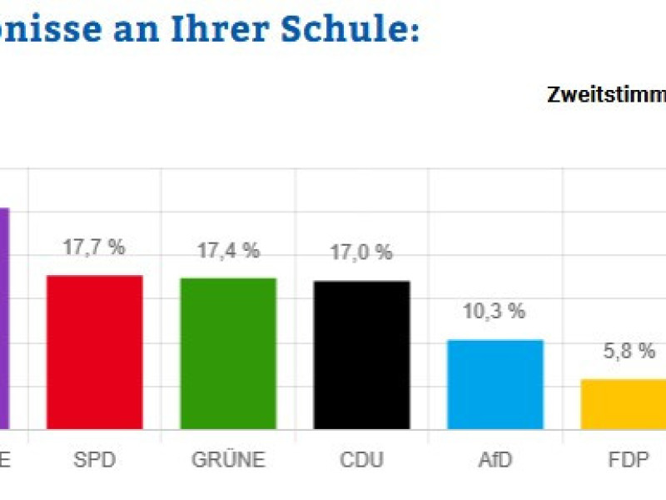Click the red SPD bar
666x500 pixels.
point(94,352)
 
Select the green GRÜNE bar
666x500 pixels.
point(228,353)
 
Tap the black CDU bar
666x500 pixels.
point(361,355)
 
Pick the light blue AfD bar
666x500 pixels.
point(495,384)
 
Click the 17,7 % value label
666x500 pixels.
point(94,247)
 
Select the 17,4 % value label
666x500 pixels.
point(228,250)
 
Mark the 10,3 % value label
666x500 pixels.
point(495,312)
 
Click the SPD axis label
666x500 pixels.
point(94,460)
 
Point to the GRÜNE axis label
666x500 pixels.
point(228,460)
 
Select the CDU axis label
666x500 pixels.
point(361,460)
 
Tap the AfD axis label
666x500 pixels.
point(495,460)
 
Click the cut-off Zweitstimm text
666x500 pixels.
point(606,94)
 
